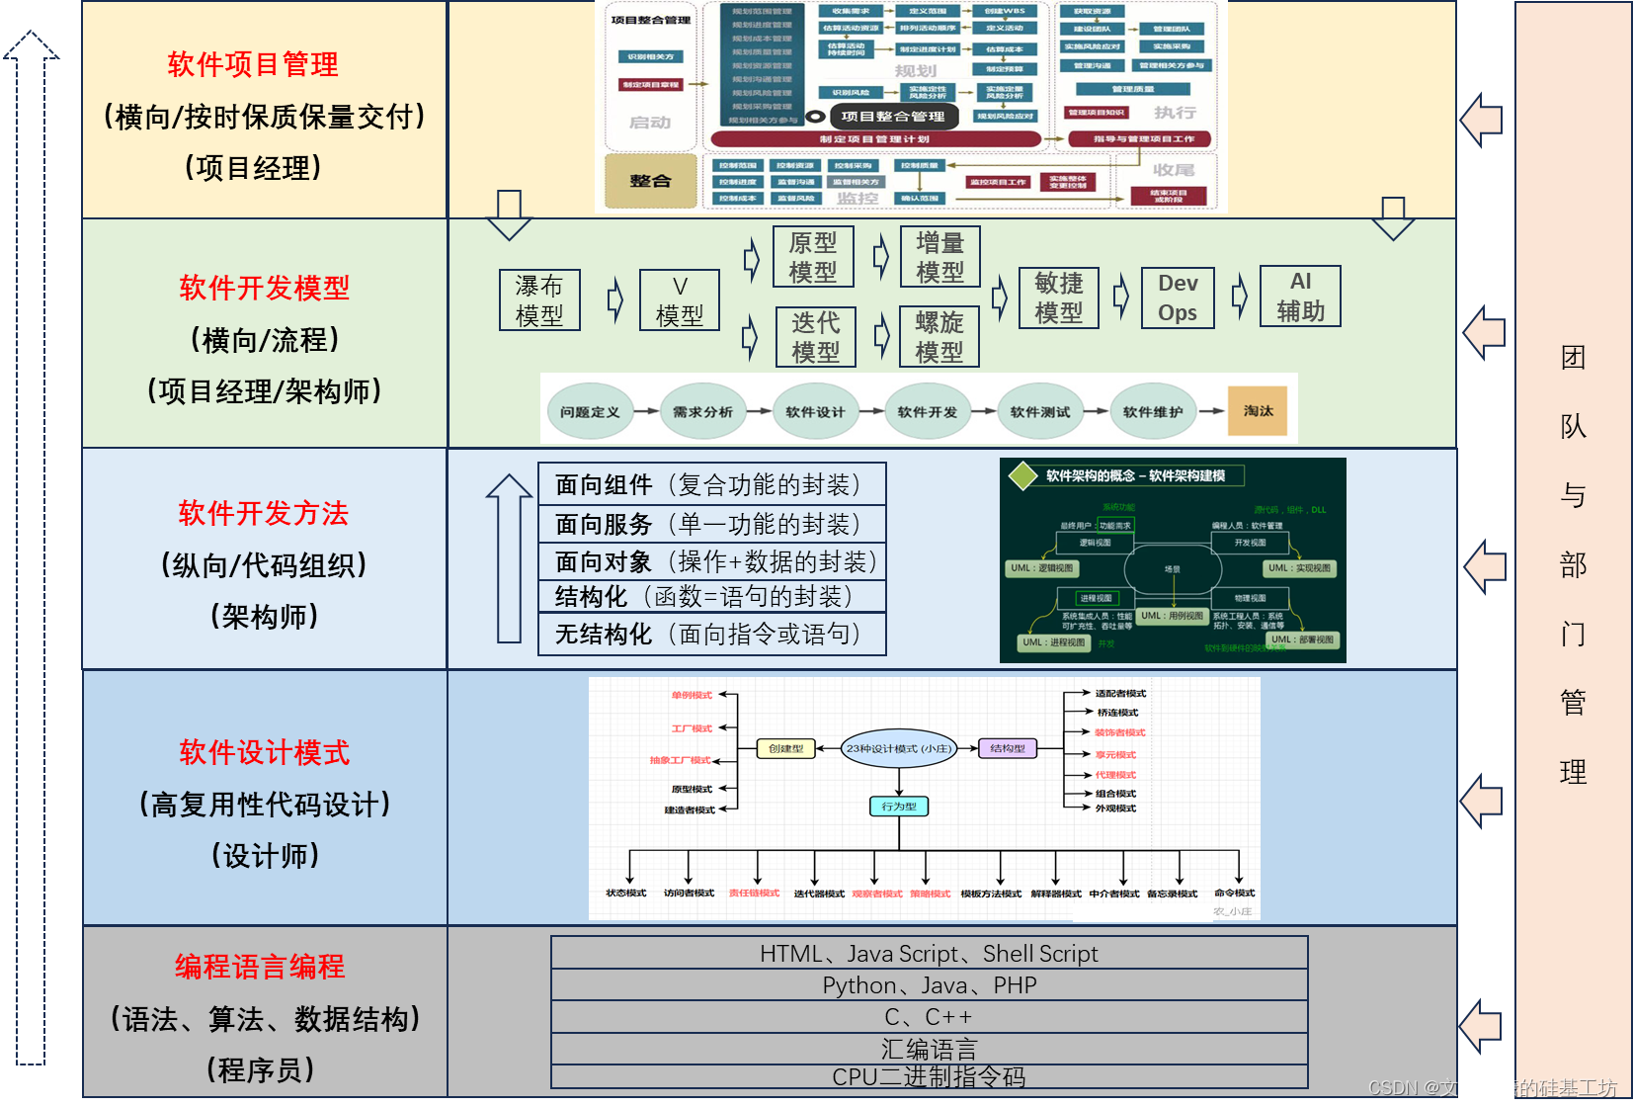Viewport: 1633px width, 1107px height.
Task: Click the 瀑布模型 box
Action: (x=539, y=300)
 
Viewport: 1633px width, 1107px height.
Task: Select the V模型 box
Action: (x=680, y=300)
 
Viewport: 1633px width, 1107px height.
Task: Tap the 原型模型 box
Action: (x=813, y=257)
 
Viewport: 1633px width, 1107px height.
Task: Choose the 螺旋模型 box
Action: (x=939, y=337)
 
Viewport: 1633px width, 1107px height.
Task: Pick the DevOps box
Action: (x=1178, y=298)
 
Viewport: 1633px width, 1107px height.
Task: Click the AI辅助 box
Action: (x=1301, y=297)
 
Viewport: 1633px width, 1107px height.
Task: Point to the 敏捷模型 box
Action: (x=1059, y=298)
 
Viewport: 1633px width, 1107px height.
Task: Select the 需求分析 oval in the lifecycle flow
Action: (x=702, y=412)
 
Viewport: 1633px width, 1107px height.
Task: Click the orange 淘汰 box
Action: (x=1258, y=411)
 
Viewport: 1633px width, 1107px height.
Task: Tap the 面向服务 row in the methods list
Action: (x=711, y=524)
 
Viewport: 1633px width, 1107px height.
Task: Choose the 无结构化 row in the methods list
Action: (x=711, y=635)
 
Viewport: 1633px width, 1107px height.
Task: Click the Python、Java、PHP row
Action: (x=929, y=985)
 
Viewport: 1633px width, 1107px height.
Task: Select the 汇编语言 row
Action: (x=929, y=1049)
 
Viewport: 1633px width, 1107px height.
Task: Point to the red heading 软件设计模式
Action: (x=264, y=753)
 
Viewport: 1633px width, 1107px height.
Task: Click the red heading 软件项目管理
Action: (x=253, y=65)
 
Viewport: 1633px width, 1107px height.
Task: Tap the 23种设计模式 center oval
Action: (x=898, y=748)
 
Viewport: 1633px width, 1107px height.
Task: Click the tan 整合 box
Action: (x=650, y=181)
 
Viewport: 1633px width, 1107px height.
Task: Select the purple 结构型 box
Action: (x=1008, y=748)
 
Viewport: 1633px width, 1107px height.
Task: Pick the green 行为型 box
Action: (x=899, y=807)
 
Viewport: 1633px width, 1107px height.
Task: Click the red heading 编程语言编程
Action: (x=260, y=967)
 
